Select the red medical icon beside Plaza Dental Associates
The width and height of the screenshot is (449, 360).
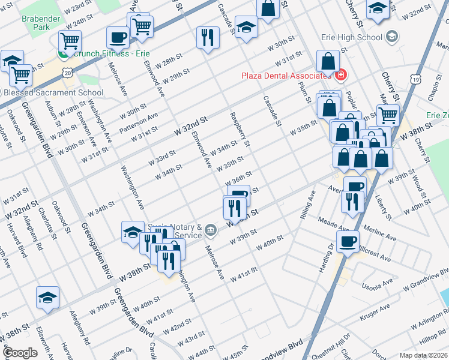(x=342, y=75)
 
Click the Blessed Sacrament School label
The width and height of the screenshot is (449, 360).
(x=53, y=93)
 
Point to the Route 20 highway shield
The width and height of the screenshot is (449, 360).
(x=68, y=72)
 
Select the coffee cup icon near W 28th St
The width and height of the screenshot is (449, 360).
(x=117, y=37)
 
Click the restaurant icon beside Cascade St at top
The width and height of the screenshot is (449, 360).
(x=208, y=37)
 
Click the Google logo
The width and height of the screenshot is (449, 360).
(x=20, y=352)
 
